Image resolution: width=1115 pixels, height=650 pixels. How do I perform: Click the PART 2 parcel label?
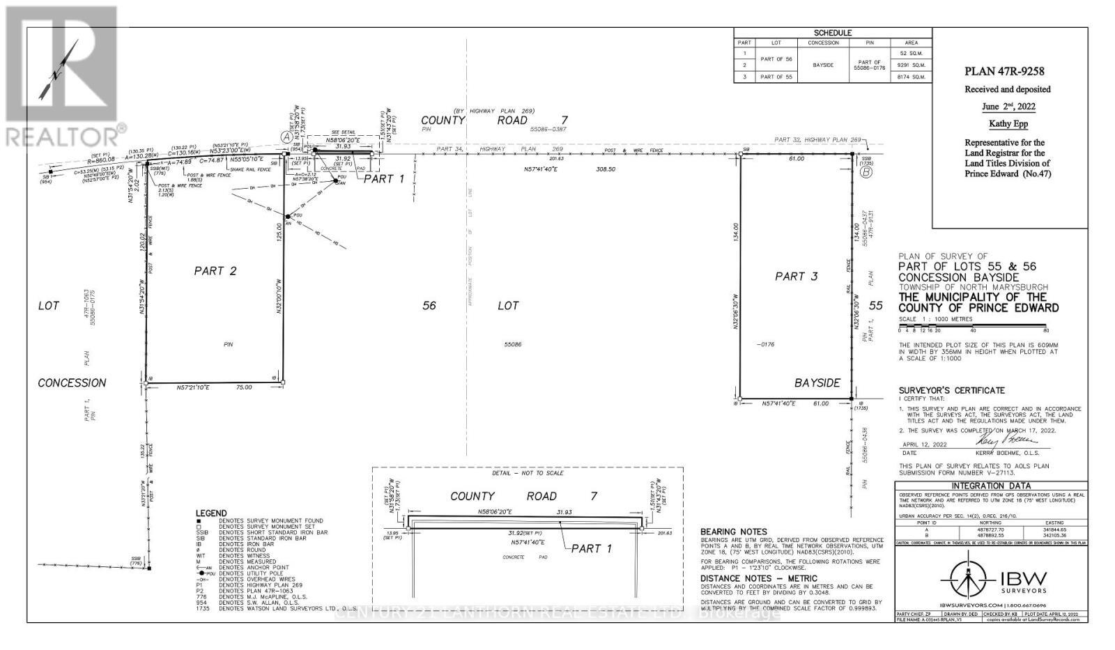coord(215,271)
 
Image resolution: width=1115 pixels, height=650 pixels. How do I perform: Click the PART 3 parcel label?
coord(797,277)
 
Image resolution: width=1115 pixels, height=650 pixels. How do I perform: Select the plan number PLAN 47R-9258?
coord(1004,71)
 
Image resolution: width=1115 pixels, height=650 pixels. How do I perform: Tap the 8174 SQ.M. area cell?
coord(912,77)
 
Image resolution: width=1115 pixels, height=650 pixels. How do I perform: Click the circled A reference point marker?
coord(286,137)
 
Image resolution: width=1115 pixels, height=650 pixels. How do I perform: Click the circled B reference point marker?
coord(866,173)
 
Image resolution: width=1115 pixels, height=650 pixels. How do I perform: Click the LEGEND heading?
coord(211,513)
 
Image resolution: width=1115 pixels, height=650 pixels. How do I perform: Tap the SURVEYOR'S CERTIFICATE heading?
coord(951,390)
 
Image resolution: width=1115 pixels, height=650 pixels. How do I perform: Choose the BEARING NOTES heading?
coord(733,531)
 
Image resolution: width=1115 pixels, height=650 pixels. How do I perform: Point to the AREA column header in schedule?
coord(912,42)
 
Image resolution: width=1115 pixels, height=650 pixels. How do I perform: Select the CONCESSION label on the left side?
coord(72,382)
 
